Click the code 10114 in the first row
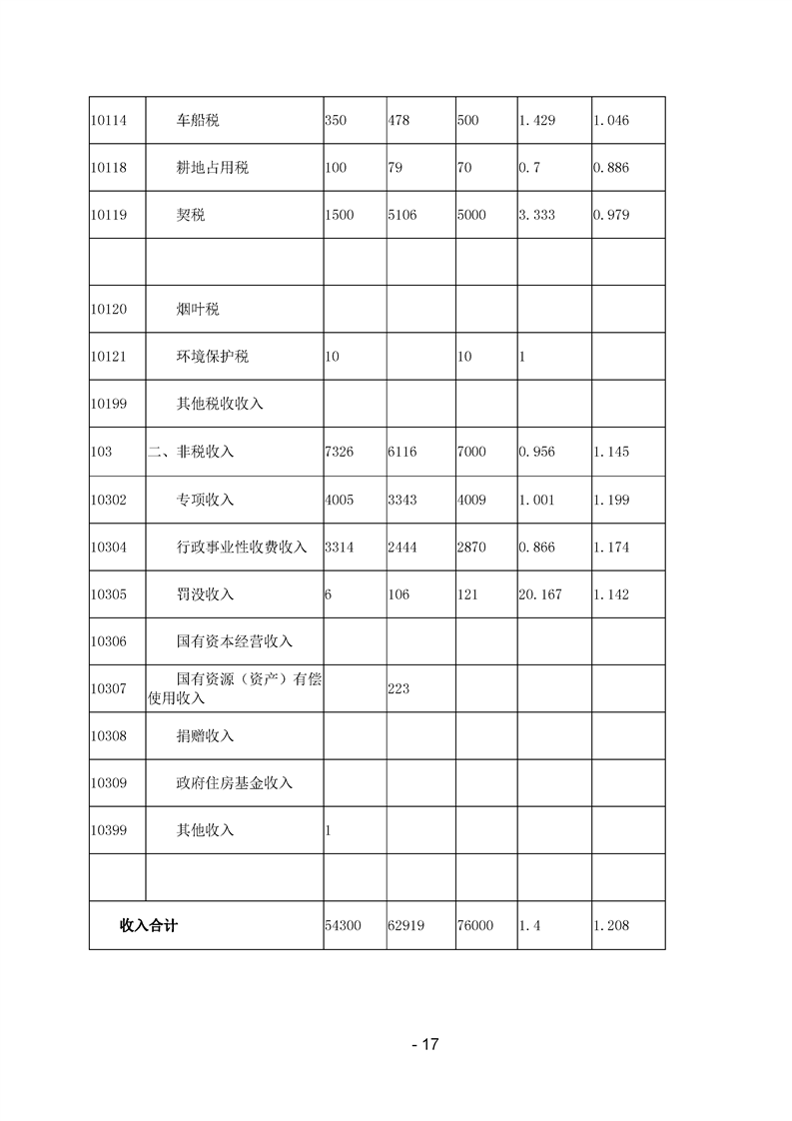tap(108, 120)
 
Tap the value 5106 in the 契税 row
tap(402, 215)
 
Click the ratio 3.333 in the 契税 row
tap(536, 215)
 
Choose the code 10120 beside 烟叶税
tap(108, 310)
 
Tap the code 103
tap(101, 452)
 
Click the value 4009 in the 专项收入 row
tap(471, 500)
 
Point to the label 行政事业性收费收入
tap(241, 547)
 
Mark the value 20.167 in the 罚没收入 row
tap(540, 594)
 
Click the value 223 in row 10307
tap(398, 688)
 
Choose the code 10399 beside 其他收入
tap(108, 830)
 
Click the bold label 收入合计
tap(149, 926)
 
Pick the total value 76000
tap(474, 926)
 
